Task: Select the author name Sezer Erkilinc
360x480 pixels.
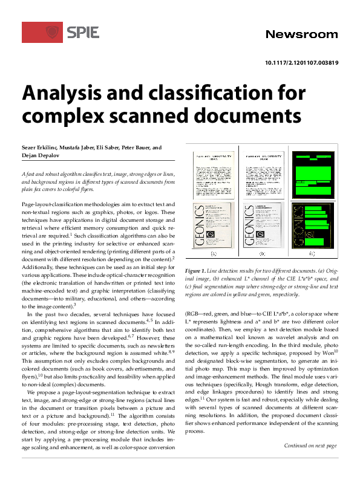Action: [41, 147]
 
